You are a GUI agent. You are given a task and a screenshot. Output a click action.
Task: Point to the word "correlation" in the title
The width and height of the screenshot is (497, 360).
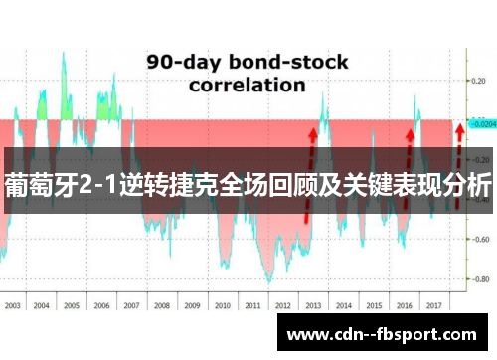[x=248, y=85]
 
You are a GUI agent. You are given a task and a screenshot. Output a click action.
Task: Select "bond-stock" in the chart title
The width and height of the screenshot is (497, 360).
[x=288, y=62]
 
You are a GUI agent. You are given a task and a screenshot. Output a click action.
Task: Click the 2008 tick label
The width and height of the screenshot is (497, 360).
[x=162, y=277]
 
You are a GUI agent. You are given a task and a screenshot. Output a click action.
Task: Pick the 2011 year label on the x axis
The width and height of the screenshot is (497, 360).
[x=251, y=277]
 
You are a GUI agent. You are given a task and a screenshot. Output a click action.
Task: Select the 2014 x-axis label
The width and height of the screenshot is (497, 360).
[x=343, y=277]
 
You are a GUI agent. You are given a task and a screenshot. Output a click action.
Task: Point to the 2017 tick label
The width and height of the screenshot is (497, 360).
[x=433, y=277]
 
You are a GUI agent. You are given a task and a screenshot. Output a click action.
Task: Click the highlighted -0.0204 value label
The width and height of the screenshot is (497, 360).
[x=482, y=125]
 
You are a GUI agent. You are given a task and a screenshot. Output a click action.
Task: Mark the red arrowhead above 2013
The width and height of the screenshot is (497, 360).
[x=313, y=130]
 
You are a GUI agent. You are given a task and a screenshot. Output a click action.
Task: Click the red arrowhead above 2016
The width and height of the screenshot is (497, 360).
[x=411, y=130]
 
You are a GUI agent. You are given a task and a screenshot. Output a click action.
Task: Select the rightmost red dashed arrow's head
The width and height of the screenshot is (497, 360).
[x=458, y=128]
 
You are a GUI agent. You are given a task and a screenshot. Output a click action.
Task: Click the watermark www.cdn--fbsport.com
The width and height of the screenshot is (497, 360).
[x=381, y=334]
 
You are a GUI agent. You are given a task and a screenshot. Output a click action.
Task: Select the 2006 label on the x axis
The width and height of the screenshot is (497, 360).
[x=101, y=277]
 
